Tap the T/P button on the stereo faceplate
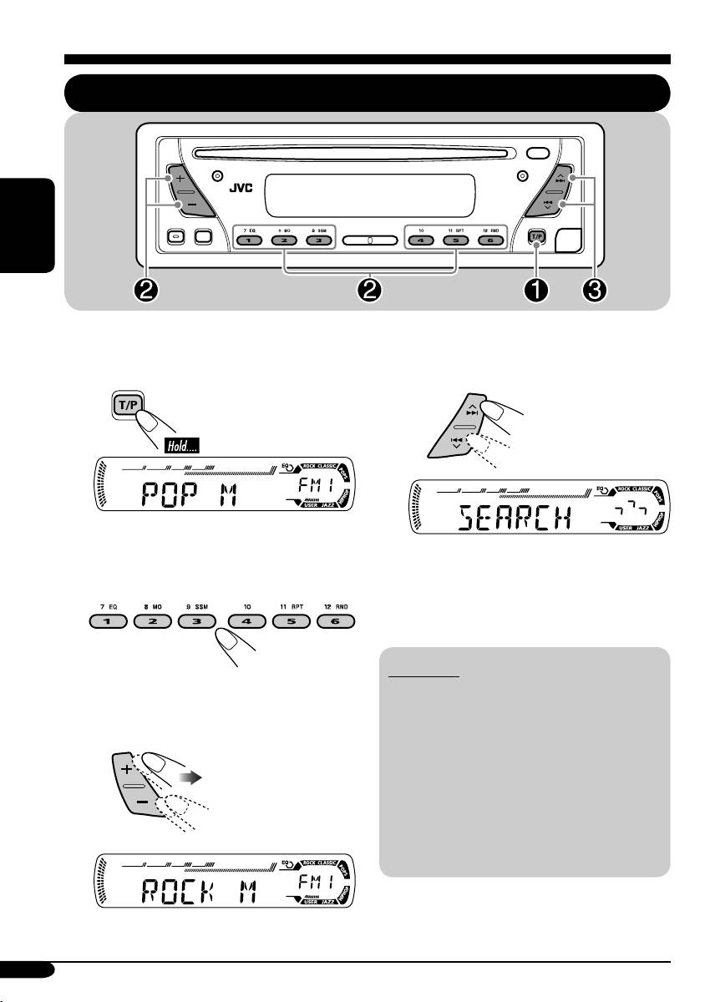pos(536,237)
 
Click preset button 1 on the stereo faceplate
pos(248,240)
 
